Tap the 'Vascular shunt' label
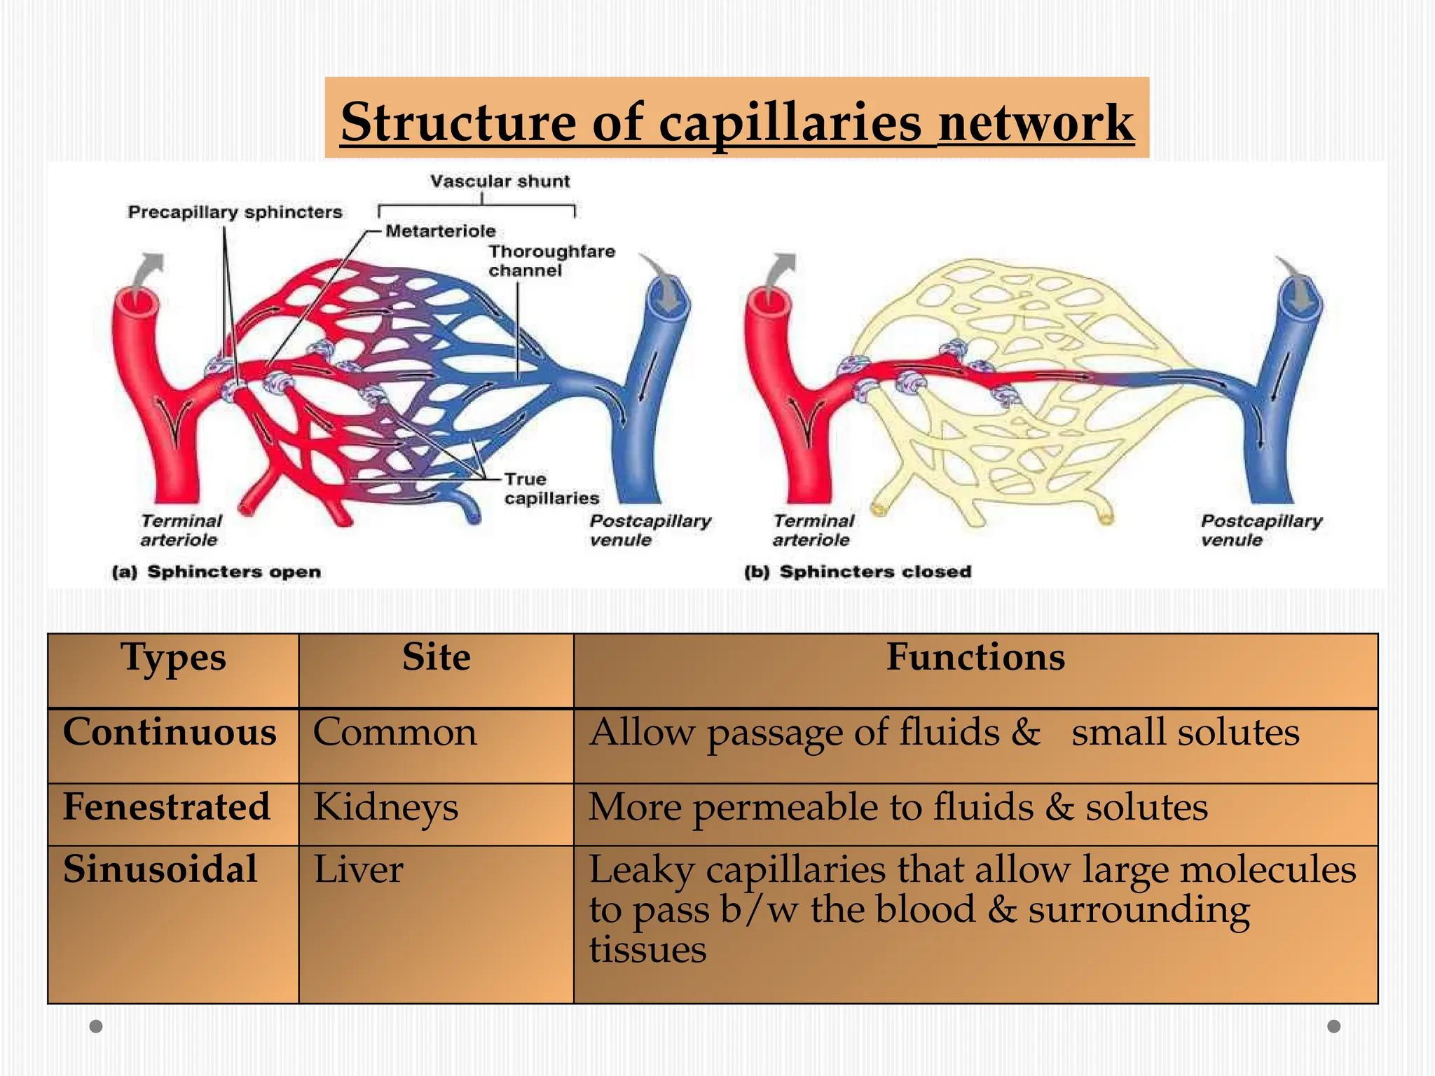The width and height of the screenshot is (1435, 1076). [x=500, y=181]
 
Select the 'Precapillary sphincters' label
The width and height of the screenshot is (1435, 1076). [x=235, y=212]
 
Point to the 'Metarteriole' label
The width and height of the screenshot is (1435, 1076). [x=440, y=231]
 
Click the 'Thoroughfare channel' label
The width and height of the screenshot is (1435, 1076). [x=551, y=261]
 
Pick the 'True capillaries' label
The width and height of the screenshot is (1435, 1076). [x=551, y=488]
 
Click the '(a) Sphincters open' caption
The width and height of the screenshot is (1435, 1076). [x=217, y=572]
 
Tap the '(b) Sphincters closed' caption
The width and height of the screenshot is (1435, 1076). [x=858, y=572]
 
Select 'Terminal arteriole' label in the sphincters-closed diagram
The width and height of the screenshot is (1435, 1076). [x=813, y=530]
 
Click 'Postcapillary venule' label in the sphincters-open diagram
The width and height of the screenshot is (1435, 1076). [x=649, y=530]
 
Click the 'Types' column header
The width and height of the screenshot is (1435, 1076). [x=173, y=659]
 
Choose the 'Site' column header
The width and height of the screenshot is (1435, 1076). [x=436, y=658]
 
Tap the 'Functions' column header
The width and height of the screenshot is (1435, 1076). [x=975, y=658]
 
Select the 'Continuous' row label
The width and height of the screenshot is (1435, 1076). [x=170, y=733]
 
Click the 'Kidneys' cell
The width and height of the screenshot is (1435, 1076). [x=385, y=808]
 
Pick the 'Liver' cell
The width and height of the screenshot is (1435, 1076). [x=358, y=870]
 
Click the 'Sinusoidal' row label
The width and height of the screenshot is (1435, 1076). [x=160, y=870]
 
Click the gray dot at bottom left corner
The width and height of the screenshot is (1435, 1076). [x=97, y=1026]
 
